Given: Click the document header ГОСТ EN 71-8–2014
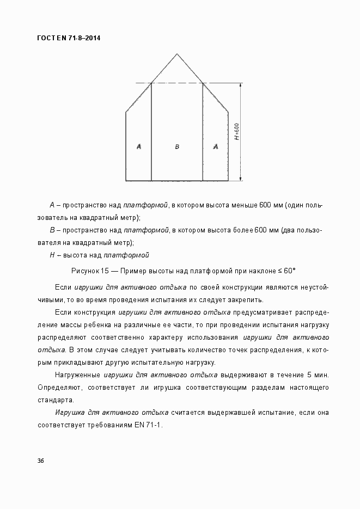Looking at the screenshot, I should coord(69,38).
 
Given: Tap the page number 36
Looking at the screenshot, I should coord(41,461).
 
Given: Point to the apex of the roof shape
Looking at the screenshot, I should coord(177,54).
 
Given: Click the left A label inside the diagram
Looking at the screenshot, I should coord(139,146).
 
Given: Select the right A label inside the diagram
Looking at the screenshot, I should coord(216,146).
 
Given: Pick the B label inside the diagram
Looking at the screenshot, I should coord(177,146).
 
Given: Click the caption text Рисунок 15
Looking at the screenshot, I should coord(90,271).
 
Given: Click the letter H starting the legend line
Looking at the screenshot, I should coord(52,255).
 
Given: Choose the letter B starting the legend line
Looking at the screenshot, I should coord(52,230).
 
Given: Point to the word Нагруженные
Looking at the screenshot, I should coord(77,375).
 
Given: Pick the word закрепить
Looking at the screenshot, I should coord(247,299).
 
